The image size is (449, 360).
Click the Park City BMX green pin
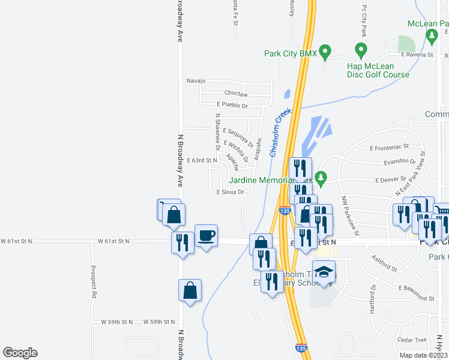click(x=325, y=52)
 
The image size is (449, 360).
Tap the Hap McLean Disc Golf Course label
click(x=378, y=70)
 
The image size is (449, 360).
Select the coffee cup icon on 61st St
click(x=206, y=235)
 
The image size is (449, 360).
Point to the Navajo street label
click(x=196, y=80)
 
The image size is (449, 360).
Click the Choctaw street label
click(x=235, y=94)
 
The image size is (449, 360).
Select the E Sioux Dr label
click(x=230, y=192)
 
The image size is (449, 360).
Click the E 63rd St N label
click(x=202, y=160)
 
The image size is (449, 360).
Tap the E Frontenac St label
click(x=389, y=146)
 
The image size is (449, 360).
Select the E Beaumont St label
click(x=416, y=298)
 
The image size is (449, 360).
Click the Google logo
click(x=20, y=353)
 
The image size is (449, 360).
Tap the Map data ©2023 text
click(x=423, y=355)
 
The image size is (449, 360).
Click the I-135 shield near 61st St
click(x=285, y=211)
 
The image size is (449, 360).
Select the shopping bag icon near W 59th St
click(x=190, y=291)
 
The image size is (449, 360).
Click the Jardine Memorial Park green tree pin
click(x=321, y=178)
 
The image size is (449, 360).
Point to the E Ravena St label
click(x=417, y=55)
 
